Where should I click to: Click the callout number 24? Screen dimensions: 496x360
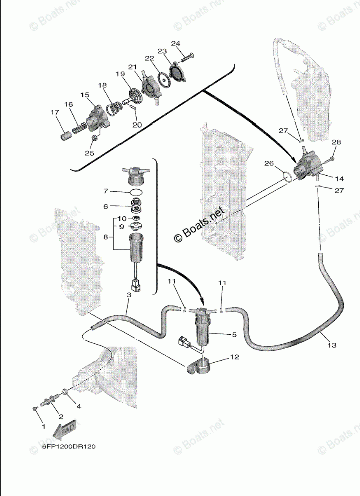click(175, 43)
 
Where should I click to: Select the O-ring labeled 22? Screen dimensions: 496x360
click(163, 79)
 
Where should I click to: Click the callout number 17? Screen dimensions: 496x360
click(54, 113)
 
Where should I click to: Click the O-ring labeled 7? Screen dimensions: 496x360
click(136, 193)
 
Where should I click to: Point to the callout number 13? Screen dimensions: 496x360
click(332, 345)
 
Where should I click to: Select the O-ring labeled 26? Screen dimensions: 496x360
click(286, 176)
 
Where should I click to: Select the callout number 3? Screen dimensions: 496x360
click(129, 295)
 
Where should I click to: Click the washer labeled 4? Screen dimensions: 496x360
click(65, 391)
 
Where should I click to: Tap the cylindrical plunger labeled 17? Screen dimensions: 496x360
click(64, 136)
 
